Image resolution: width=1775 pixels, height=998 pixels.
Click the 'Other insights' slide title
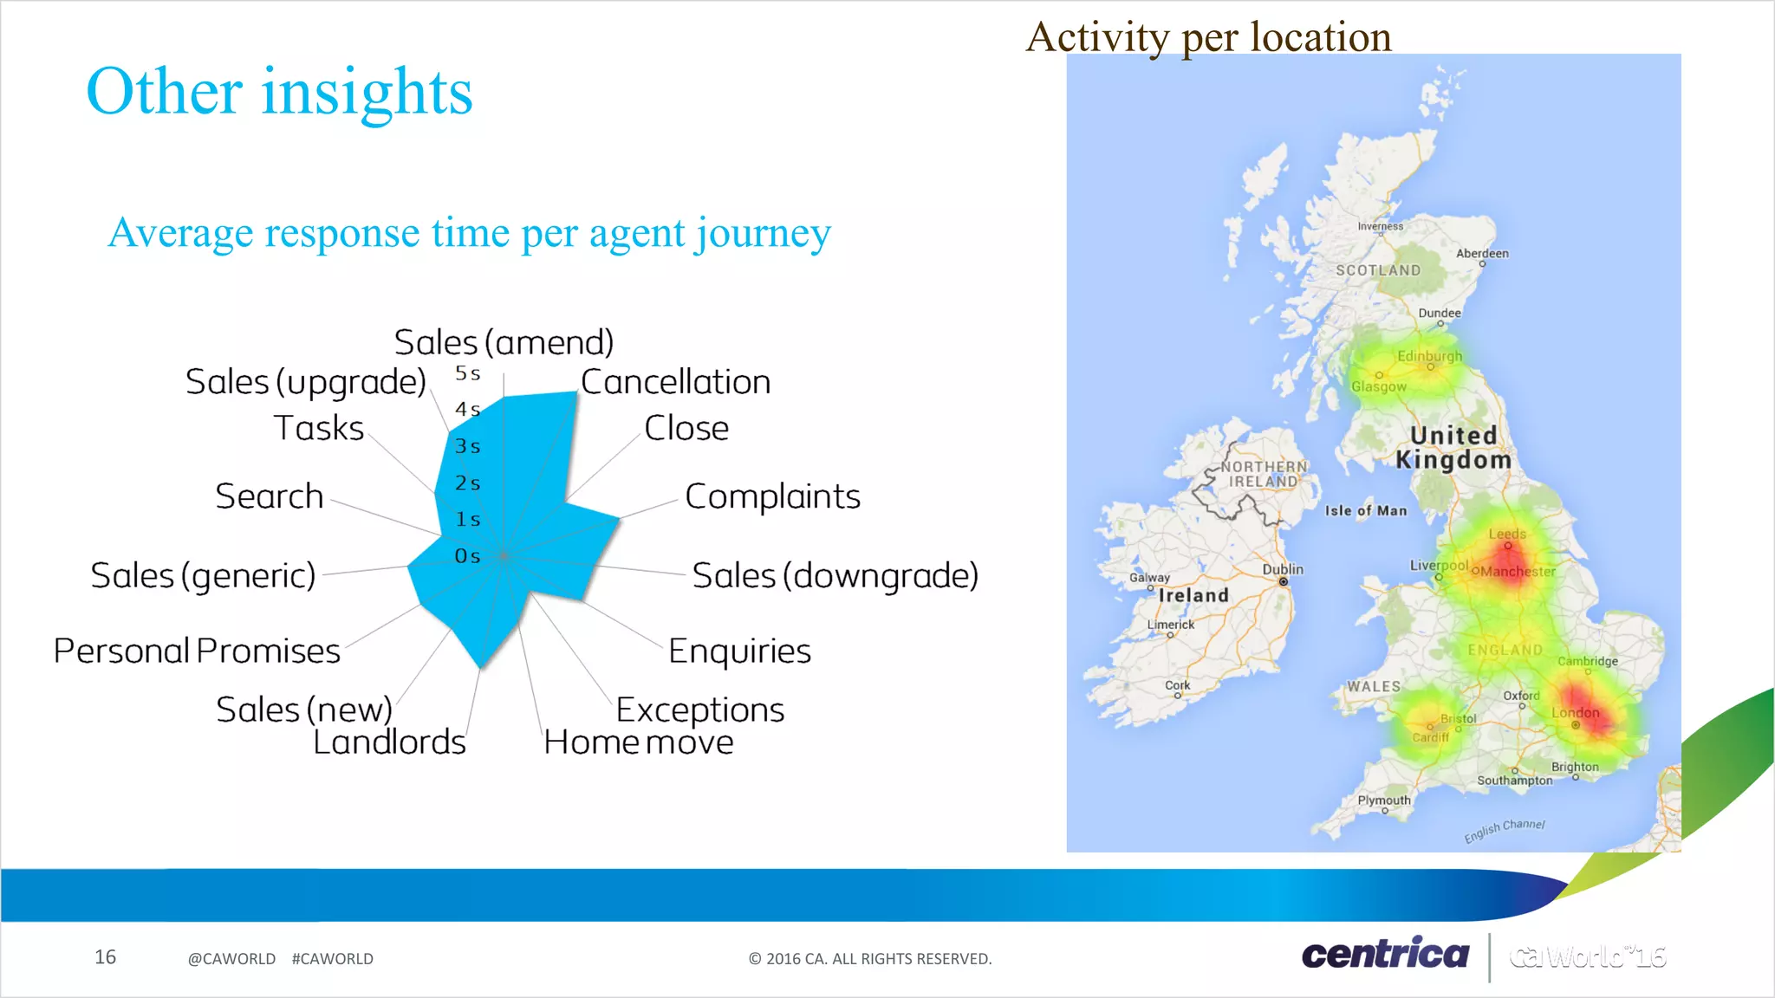click(x=279, y=92)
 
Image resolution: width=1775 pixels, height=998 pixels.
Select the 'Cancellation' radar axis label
click(x=675, y=382)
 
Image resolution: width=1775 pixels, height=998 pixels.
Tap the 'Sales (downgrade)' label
click(x=835, y=576)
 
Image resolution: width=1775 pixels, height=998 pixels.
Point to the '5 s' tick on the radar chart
click(x=467, y=373)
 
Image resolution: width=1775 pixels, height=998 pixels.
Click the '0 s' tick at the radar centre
click(x=467, y=556)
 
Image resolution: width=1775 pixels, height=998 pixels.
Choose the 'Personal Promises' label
click(x=197, y=651)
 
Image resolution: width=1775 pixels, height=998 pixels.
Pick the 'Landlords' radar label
click(x=389, y=742)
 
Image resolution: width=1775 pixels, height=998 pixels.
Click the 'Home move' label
click(x=639, y=742)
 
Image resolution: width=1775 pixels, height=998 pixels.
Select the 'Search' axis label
click(x=269, y=496)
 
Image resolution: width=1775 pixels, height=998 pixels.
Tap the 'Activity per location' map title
click(x=1208, y=37)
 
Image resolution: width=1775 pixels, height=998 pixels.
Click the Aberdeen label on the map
click(x=1482, y=254)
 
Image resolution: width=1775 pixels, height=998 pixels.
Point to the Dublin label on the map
click(x=1283, y=569)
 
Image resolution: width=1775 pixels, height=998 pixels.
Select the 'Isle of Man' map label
click(x=1366, y=511)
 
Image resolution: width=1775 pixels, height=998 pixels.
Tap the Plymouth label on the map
click(x=1384, y=800)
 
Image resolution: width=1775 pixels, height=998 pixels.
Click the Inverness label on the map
click(x=1380, y=226)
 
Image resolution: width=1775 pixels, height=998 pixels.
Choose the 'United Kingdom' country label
click(x=1453, y=448)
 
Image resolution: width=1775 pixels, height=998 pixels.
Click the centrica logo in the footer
click(x=1385, y=955)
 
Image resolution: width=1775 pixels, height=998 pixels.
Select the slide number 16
click(x=105, y=957)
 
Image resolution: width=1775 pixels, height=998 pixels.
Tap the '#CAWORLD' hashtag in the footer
click(x=332, y=959)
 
